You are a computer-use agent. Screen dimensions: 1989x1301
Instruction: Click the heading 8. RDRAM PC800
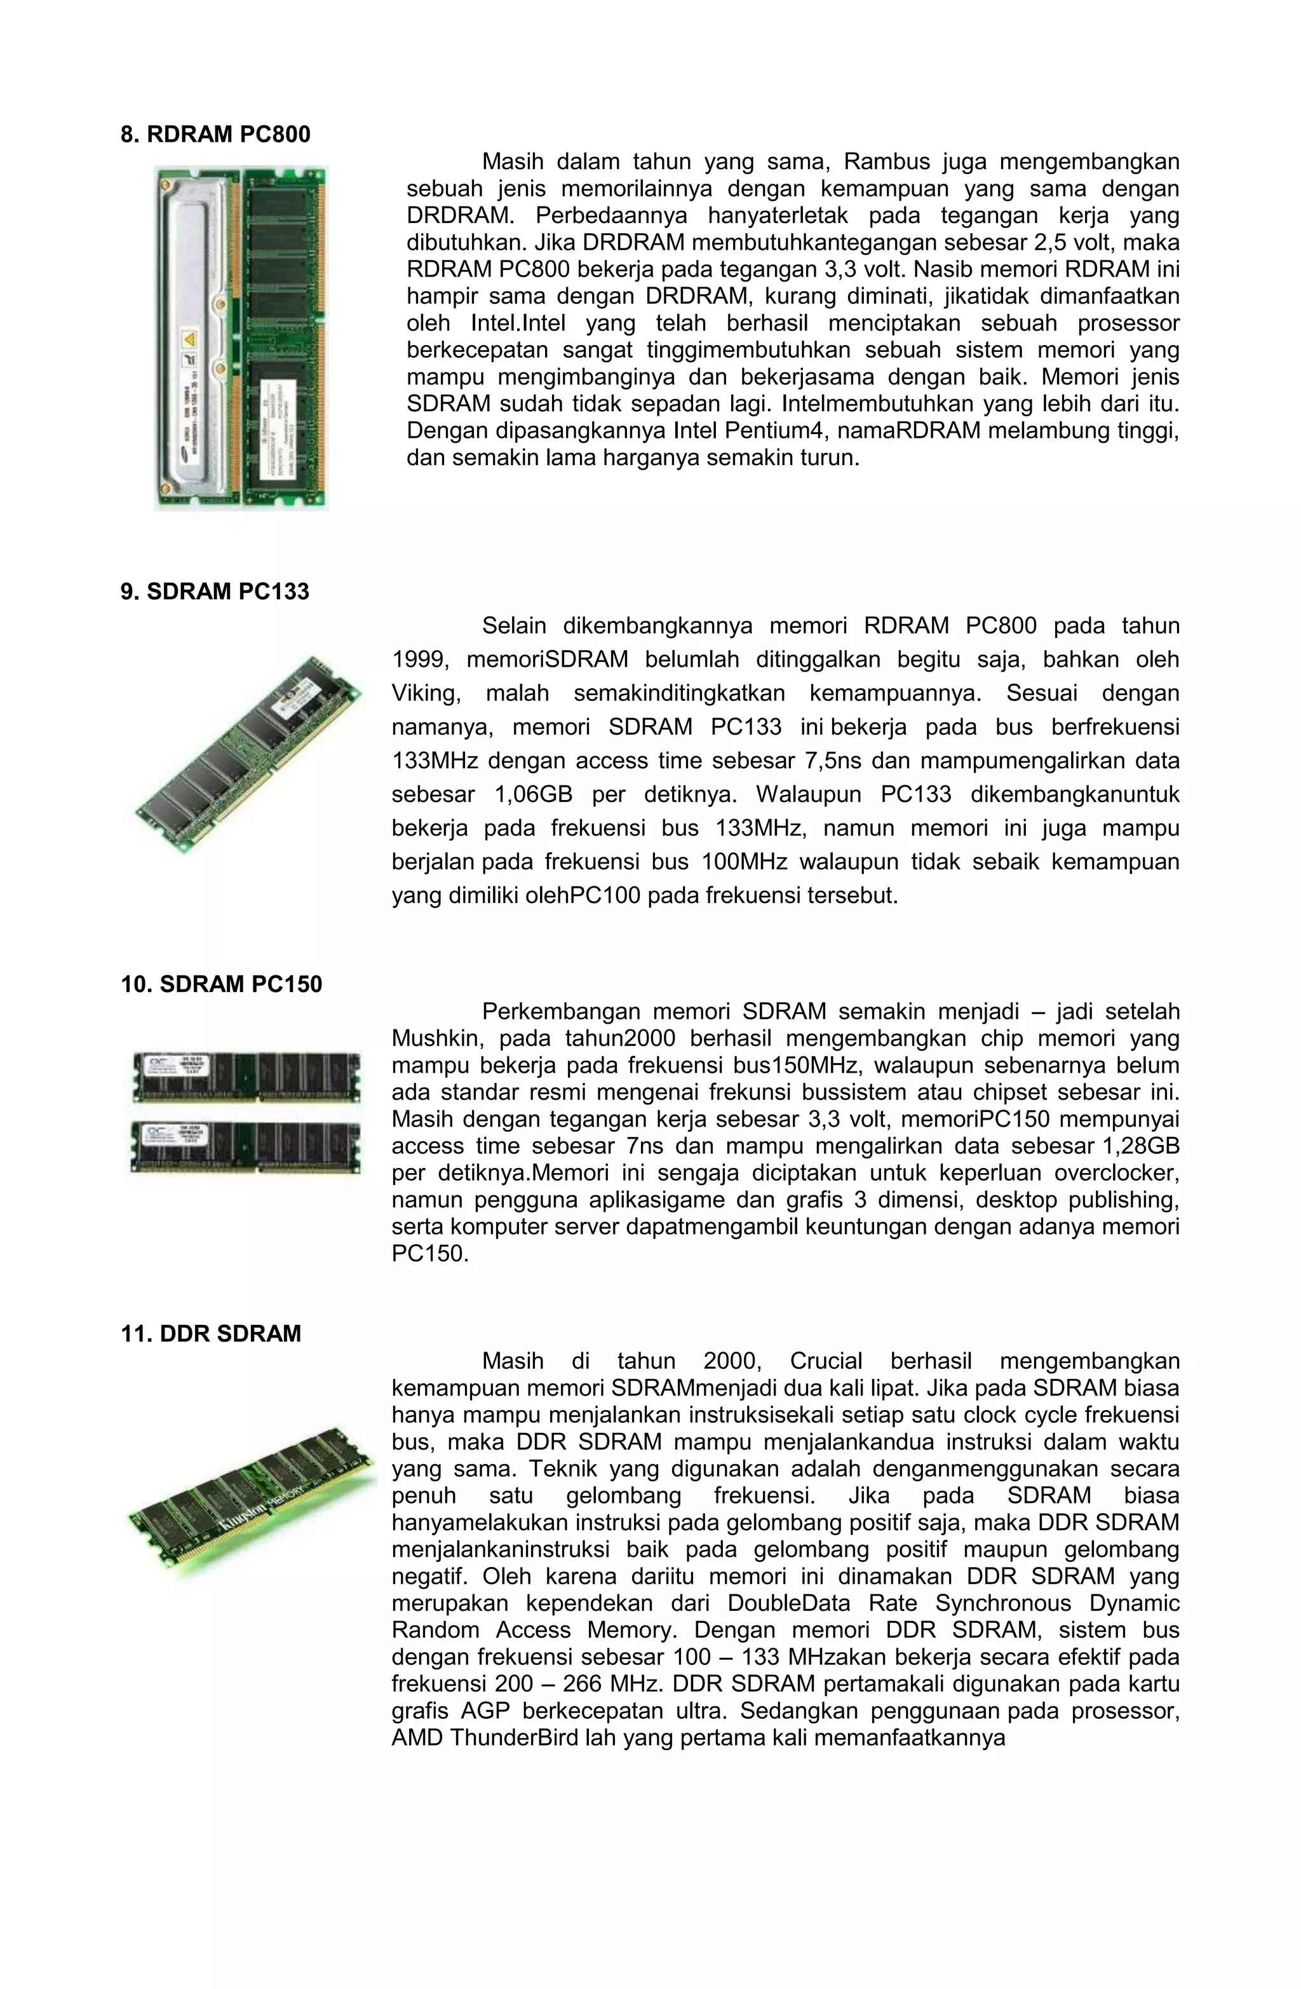pos(215,135)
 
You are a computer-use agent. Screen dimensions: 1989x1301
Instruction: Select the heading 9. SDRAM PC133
pos(215,592)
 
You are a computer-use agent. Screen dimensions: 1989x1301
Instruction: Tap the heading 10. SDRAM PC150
pos(222,984)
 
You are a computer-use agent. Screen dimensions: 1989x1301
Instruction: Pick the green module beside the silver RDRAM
pos(283,337)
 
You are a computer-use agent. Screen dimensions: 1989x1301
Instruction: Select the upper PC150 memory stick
pos(246,1077)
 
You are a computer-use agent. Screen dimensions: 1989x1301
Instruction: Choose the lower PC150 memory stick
pos(246,1146)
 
